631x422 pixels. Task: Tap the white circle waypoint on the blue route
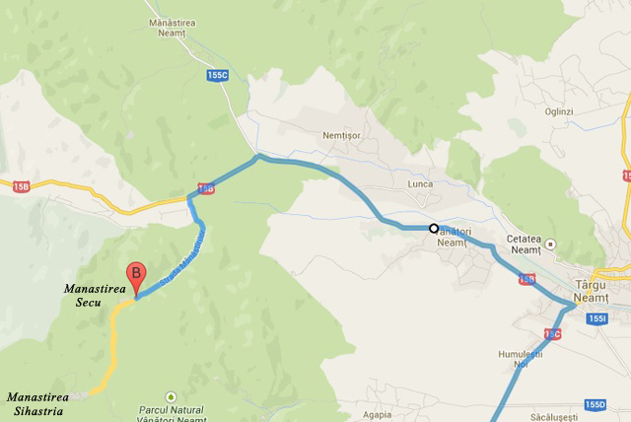click(433, 229)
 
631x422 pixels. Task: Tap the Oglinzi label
click(557, 111)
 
